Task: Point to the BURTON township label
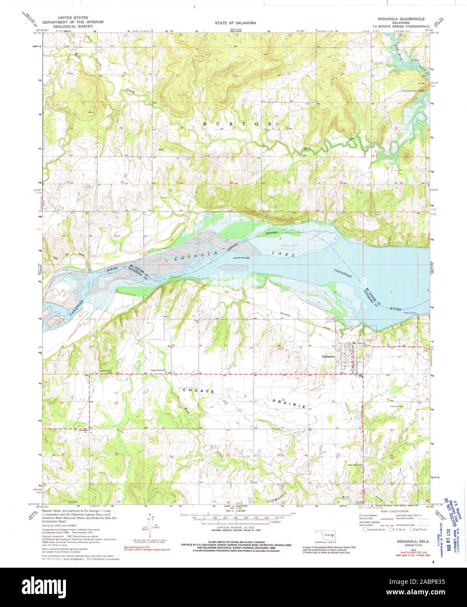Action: tap(239, 124)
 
